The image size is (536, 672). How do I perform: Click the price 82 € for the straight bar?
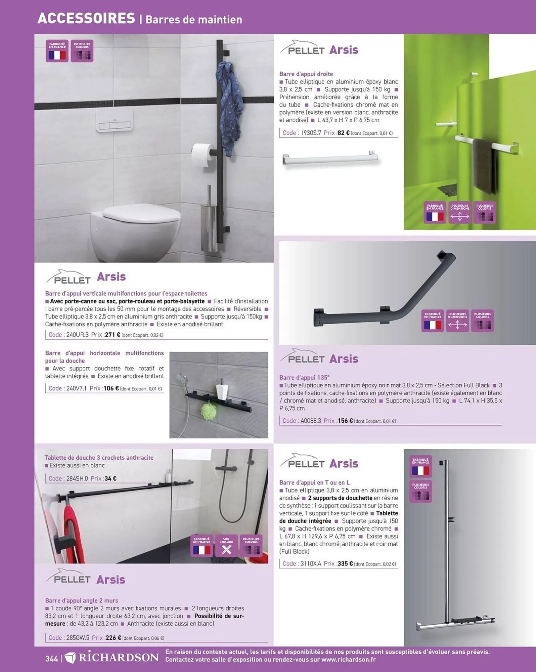click(x=344, y=133)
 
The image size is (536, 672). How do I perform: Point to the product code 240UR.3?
click(x=77, y=335)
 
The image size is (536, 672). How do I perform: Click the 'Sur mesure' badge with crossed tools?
click(x=226, y=546)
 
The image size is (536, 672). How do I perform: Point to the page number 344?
click(x=51, y=659)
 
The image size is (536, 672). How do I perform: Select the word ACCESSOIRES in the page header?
click(x=86, y=18)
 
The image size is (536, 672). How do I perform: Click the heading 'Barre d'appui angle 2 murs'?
click(x=82, y=600)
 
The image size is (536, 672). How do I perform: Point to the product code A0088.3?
click(x=311, y=421)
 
